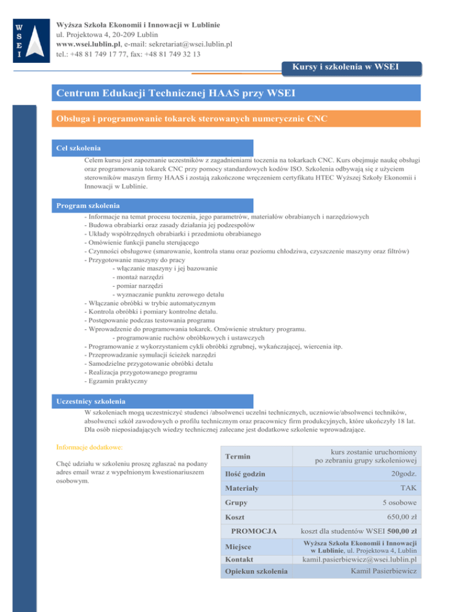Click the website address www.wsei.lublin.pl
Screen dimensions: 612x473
pos(87,44)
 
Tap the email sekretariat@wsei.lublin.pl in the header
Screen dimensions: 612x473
pos(184,44)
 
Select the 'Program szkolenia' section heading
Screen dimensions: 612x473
pos(87,204)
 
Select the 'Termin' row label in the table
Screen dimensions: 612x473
pos(238,456)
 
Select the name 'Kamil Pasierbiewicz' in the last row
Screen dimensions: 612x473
pos(383,573)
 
